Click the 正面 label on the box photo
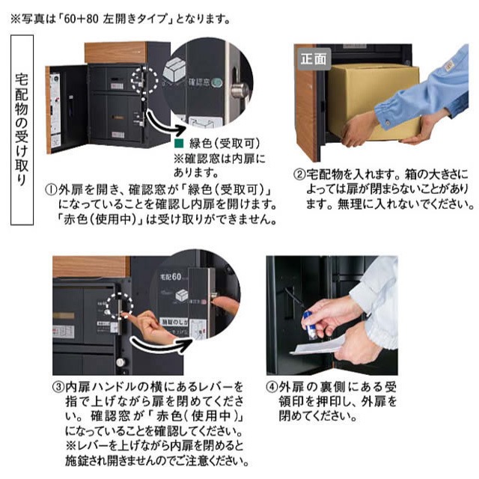[x=313, y=56]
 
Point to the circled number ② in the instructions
[x=298, y=174]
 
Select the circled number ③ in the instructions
[x=57, y=387]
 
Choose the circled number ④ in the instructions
[x=273, y=387]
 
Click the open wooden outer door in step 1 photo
[x=54, y=109]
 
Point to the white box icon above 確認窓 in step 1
[x=175, y=70]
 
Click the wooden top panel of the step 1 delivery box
[x=115, y=52]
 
